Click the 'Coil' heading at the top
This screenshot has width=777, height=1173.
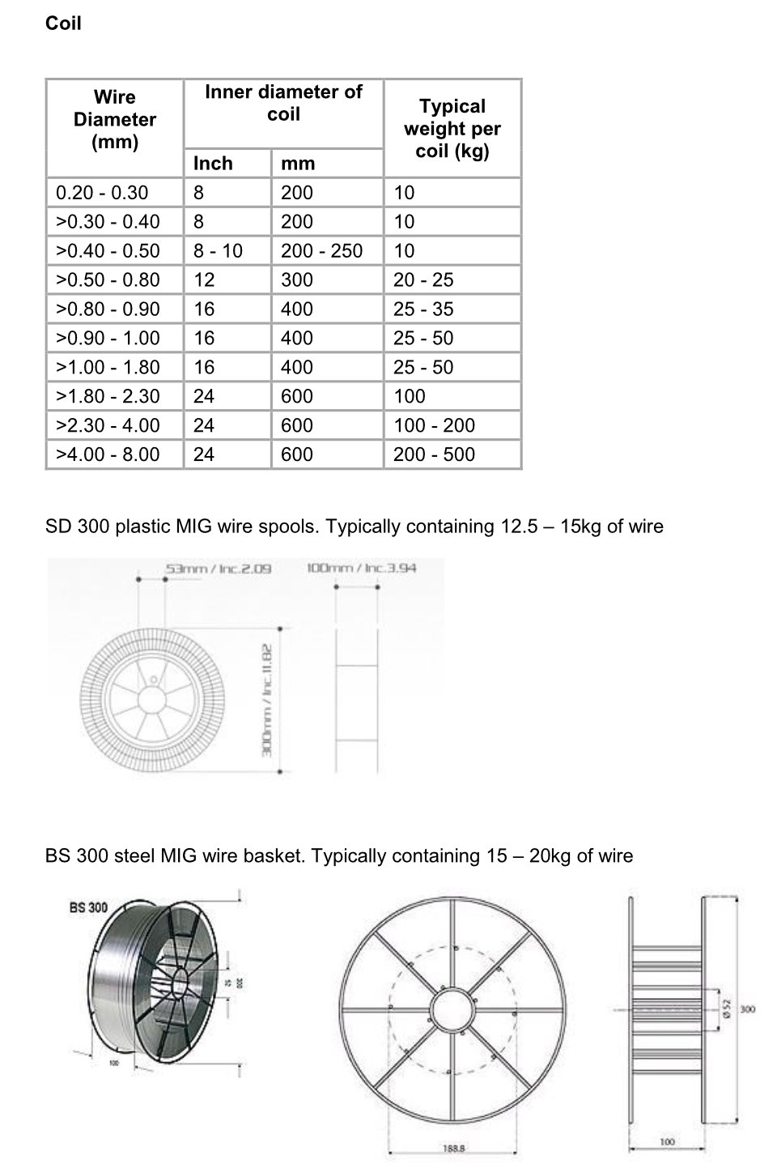point(63,23)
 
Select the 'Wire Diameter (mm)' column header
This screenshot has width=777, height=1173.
point(115,120)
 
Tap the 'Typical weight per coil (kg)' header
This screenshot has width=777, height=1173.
point(452,129)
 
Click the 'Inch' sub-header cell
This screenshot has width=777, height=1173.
point(213,164)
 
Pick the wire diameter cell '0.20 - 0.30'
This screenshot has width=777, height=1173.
point(102,193)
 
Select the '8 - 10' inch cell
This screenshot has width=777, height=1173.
point(218,251)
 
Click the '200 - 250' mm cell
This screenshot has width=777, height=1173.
point(321,251)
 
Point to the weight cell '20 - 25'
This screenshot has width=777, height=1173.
point(423,280)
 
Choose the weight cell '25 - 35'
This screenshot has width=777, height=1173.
point(423,309)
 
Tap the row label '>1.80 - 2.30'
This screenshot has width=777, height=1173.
point(108,397)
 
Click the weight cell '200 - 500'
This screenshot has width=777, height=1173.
point(434,455)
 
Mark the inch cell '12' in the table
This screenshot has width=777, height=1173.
point(204,280)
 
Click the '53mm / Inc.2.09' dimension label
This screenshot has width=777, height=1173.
point(218,569)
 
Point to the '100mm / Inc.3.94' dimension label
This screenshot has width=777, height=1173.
point(362,568)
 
